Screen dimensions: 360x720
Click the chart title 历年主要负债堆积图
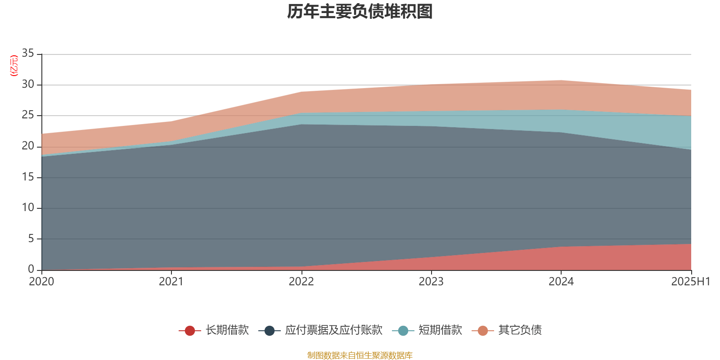click(360, 12)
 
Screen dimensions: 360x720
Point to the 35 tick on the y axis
click(28, 54)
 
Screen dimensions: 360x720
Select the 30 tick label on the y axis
click(28, 84)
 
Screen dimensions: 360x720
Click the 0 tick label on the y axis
click(31, 269)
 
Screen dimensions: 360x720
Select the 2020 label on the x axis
click(41, 282)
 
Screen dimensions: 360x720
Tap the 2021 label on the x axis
click(171, 282)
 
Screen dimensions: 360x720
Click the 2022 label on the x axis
click(301, 282)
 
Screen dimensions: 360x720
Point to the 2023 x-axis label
click(431, 282)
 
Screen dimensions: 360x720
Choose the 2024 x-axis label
click(561, 282)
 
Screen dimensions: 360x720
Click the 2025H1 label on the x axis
click(690, 282)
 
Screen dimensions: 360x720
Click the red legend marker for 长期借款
click(190, 331)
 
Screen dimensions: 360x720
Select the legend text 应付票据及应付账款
click(333, 330)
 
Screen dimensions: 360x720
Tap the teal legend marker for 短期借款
click(403, 331)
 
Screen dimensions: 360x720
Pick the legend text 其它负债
click(520, 330)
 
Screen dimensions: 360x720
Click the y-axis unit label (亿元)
click(14, 66)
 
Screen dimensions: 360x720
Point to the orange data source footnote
click(360, 355)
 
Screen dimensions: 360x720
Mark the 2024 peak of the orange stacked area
click(561, 81)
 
